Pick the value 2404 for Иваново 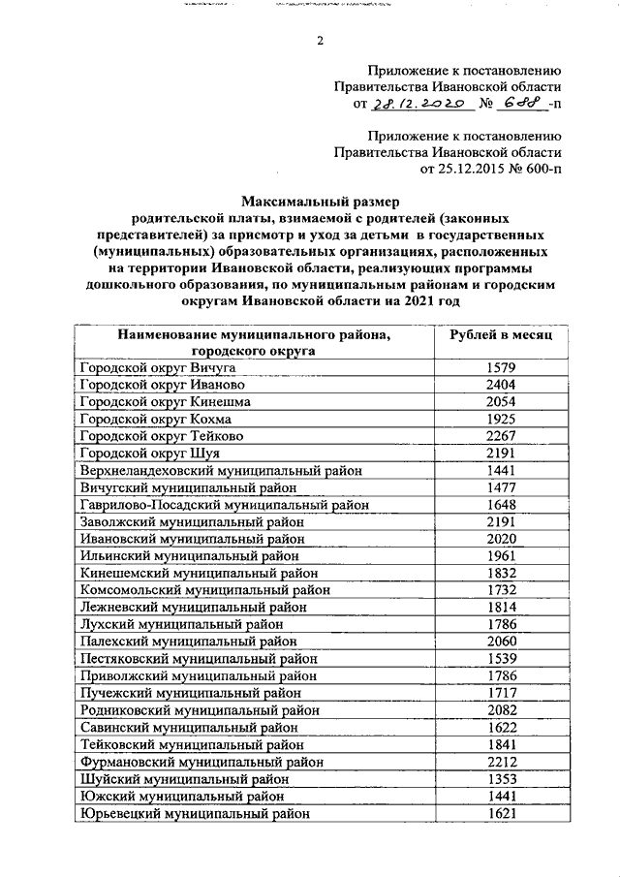(501, 384)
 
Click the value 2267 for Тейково (501, 435)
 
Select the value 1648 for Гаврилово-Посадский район (501, 504)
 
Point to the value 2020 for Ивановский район (501, 539)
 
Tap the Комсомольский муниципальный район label (195, 590)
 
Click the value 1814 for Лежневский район (501, 607)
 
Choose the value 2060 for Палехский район (501, 642)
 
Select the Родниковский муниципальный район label (191, 711)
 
